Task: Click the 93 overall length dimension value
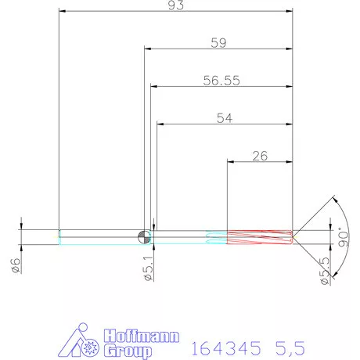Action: (x=176, y=5)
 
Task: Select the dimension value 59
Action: (x=218, y=43)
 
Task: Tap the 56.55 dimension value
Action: (x=221, y=81)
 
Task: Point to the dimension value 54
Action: (x=225, y=118)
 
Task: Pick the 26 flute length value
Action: (x=260, y=156)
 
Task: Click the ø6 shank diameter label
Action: (x=16, y=265)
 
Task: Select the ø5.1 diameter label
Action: (x=149, y=268)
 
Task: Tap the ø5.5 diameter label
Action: (x=325, y=271)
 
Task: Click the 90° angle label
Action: (x=343, y=237)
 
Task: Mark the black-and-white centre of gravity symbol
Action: (x=144, y=237)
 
